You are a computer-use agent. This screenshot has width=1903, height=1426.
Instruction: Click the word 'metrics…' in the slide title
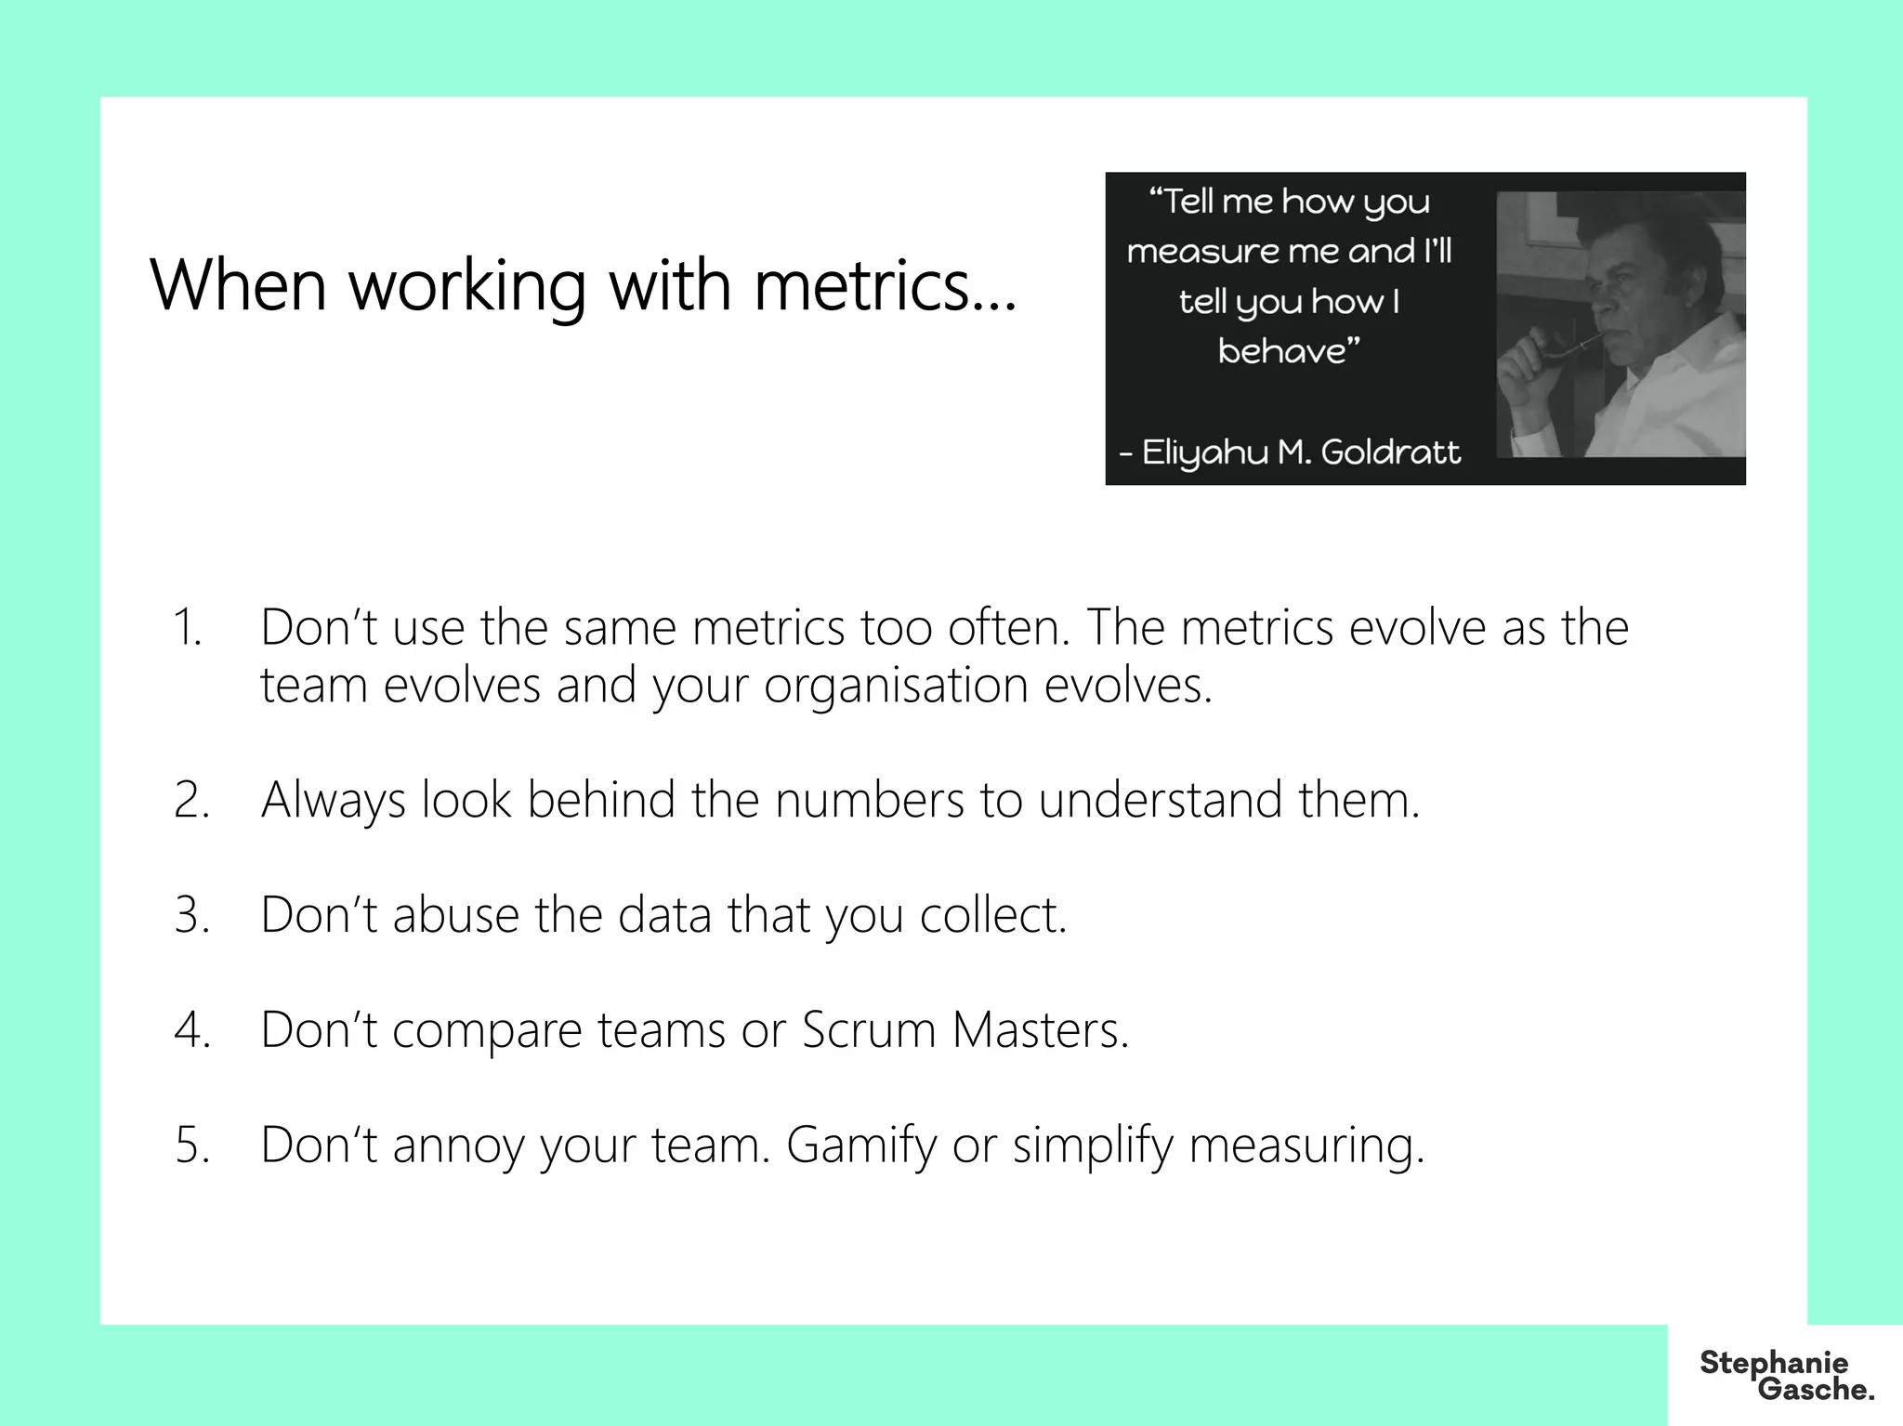pos(886,285)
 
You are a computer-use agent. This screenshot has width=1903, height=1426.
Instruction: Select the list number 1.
pos(188,627)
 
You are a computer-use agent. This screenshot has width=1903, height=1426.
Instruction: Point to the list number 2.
pos(191,800)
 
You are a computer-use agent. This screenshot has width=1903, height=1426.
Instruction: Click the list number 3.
pos(191,915)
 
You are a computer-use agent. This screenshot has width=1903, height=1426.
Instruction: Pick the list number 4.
pos(191,1030)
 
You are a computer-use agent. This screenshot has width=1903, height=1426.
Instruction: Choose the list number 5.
pos(191,1145)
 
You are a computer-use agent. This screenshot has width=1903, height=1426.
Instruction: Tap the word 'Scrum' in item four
pos(868,1030)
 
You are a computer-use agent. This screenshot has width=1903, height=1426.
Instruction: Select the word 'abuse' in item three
pos(455,915)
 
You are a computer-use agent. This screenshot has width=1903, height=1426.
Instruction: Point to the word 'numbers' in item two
pos(870,800)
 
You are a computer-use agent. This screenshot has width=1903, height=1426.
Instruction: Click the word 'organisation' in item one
pos(896,687)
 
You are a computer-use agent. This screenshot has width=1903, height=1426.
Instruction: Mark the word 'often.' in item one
pos(1010,627)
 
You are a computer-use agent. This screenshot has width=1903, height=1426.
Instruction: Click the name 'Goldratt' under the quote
pos(1390,452)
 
